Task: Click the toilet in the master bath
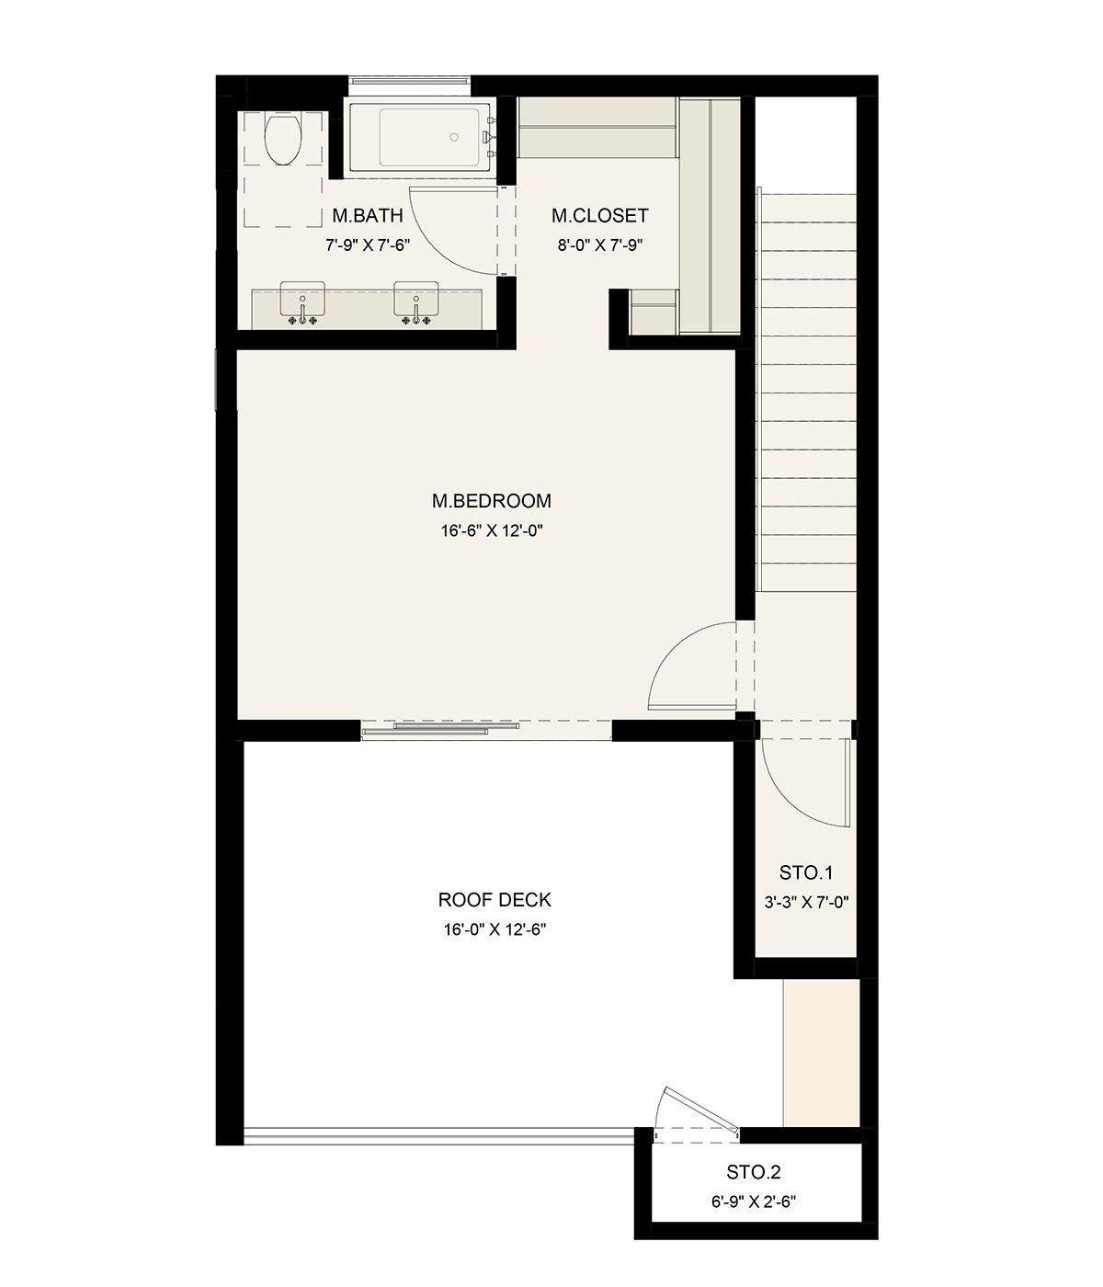click(282, 139)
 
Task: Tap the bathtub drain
click(454, 137)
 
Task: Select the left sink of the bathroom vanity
click(302, 299)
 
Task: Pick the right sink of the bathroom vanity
click(415, 299)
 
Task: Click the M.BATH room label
click(368, 215)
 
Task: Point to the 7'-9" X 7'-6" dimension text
click(368, 245)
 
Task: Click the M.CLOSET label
click(600, 215)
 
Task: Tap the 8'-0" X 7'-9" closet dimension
click(600, 245)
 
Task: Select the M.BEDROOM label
click(492, 501)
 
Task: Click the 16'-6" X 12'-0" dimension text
click(492, 530)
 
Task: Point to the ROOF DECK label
click(495, 900)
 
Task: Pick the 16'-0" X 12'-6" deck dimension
click(495, 929)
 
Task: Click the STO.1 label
click(806, 873)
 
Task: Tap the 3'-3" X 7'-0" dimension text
click(806, 902)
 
